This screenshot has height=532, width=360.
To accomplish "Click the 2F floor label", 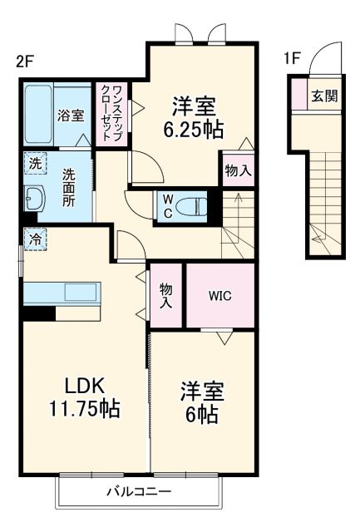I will [26, 60].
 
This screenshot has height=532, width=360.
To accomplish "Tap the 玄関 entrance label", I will [324, 96].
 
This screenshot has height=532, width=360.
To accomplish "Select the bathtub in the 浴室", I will [38, 115].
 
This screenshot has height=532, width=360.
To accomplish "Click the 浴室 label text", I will [70, 116].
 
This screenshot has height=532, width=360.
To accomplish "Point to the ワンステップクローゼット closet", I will [112, 115].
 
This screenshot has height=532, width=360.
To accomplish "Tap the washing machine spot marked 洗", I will [34, 164].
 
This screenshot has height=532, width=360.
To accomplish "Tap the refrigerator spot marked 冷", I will [34, 239].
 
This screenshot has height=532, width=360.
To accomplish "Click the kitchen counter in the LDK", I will [62, 293].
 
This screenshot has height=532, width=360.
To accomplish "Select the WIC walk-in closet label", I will [219, 296].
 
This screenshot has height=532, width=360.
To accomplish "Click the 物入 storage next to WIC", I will [165, 296].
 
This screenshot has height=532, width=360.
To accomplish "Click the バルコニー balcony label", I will [139, 492].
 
